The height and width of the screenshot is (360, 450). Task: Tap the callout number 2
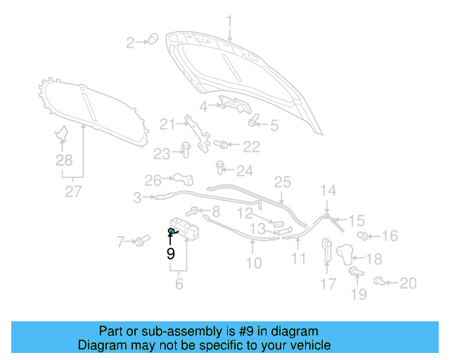(x=130, y=44)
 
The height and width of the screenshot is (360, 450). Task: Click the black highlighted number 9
(x=170, y=253)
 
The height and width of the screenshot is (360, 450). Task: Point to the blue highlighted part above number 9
(x=172, y=231)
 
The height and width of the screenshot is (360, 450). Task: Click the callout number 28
(x=64, y=161)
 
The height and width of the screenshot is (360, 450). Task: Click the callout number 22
(x=251, y=147)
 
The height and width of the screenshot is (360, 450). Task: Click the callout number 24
(x=244, y=171)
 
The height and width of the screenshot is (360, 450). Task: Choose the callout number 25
(x=282, y=182)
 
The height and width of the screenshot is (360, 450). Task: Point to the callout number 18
(x=374, y=259)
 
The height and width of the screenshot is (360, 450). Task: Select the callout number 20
(x=408, y=284)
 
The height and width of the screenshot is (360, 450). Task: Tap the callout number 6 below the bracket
(x=179, y=284)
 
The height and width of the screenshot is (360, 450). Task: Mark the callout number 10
(x=253, y=263)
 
